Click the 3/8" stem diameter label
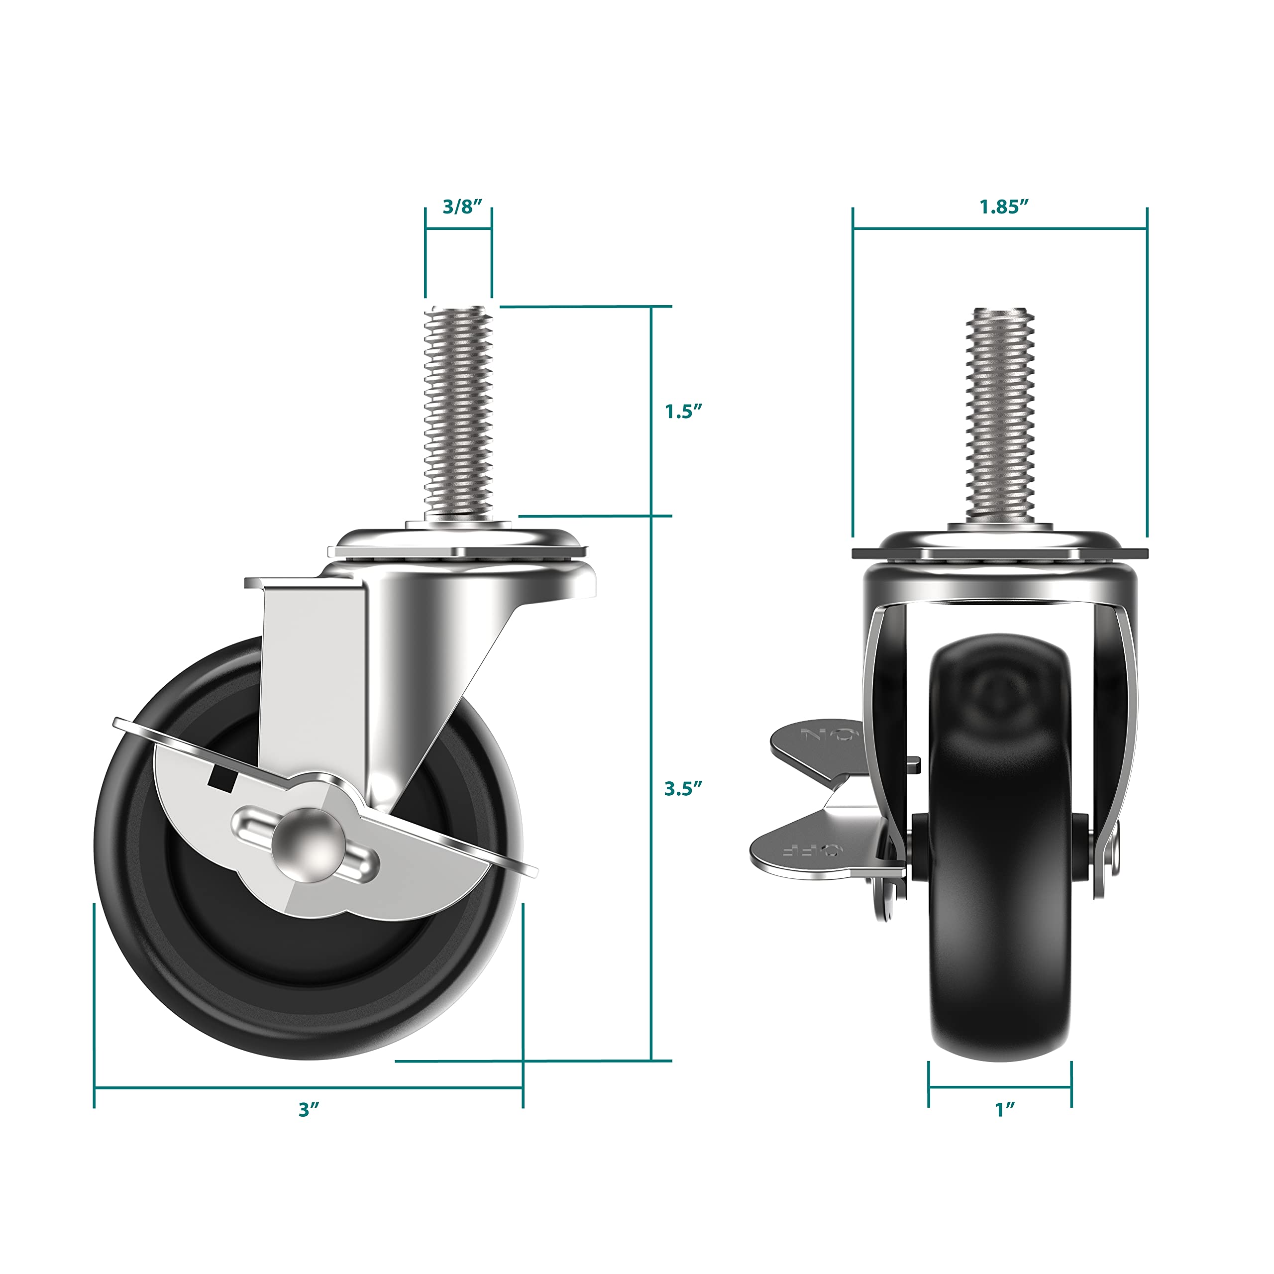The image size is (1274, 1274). (458, 207)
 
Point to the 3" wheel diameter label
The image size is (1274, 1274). (309, 1110)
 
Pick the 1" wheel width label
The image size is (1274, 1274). (1004, 1110)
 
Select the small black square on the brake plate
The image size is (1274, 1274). (223, 778)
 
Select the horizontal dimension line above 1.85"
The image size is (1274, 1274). (1000, 229)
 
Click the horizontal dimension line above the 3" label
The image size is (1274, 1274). (309, 1087)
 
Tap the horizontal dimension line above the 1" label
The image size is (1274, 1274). (1000, 1087)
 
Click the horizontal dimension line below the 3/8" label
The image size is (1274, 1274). (458, 229)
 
